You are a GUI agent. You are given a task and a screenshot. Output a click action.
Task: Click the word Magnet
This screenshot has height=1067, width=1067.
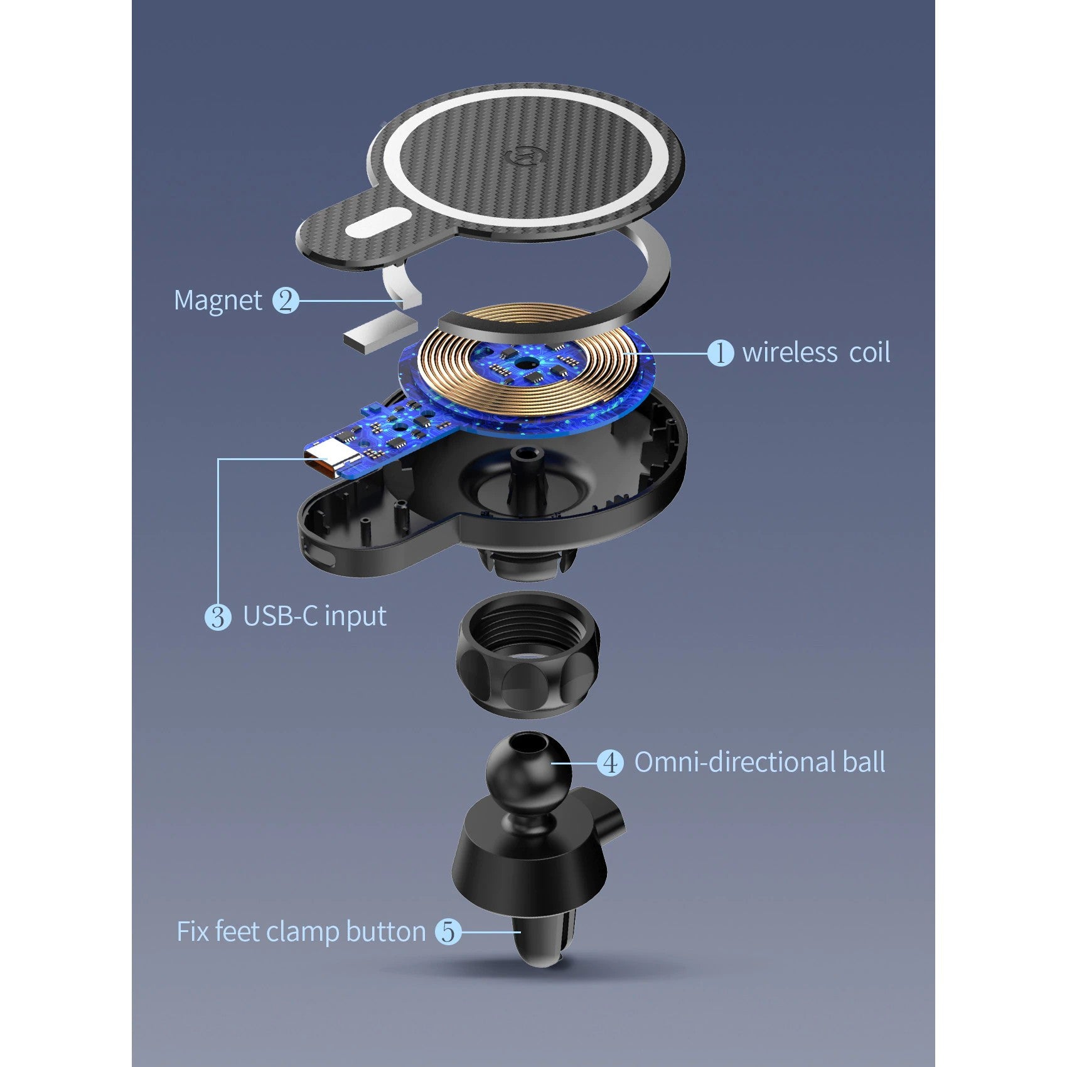[218, 301]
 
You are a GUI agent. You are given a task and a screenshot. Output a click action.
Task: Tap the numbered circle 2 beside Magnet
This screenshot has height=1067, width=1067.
[286, 301]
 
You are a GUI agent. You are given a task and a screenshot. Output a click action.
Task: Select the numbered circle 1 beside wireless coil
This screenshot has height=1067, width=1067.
[721, 353]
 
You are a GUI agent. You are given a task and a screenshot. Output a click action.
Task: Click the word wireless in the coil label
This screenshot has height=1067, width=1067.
[790, 352]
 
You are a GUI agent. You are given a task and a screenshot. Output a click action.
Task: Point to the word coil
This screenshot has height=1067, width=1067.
[869, 352]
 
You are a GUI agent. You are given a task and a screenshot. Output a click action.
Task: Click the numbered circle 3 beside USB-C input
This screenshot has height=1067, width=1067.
[218, 617]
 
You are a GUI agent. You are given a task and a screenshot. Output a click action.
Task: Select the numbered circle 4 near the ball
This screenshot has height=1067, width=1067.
[610, 763]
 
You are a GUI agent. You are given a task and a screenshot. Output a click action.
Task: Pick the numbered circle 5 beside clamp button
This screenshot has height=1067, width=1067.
[448, 931]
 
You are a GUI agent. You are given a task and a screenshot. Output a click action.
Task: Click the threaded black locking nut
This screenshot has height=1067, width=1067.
[527, 654]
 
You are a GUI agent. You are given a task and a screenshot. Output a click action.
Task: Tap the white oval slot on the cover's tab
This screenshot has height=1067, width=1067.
[378, 224]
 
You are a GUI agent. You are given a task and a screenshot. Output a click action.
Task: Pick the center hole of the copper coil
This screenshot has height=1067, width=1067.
[524, 363]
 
